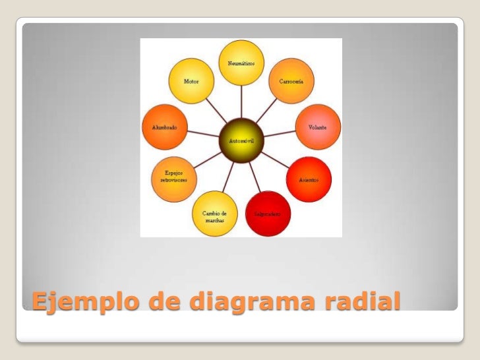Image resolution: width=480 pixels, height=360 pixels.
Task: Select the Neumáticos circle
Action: coord(241,63)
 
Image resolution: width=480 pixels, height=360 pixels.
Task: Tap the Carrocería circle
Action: coord(291,81)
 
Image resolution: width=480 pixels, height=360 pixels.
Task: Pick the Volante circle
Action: coord(316,126)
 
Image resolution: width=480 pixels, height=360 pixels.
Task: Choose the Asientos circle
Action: coord(308,179)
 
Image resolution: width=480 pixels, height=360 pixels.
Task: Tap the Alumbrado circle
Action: coord(164,127)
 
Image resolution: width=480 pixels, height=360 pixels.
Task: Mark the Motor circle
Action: coord(191,81)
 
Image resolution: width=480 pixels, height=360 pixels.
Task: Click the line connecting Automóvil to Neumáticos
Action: coord(241,102)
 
